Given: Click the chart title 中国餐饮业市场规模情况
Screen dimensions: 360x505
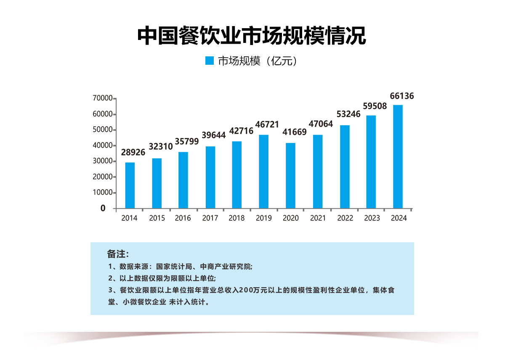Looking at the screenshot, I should point(252,36).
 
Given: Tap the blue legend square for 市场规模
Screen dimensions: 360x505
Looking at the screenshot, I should point(209,61).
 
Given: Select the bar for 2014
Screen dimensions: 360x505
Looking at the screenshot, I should point(130,185).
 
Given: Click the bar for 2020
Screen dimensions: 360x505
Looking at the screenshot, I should point(290,175).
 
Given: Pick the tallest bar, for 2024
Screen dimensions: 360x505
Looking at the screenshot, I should point(398,156).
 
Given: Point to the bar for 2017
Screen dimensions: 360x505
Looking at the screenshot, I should point(210,177).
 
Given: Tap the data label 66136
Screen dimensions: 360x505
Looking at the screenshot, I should point(402,96).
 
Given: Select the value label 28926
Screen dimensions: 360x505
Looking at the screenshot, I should point(133,152).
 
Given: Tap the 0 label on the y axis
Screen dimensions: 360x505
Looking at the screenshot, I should point(103,208).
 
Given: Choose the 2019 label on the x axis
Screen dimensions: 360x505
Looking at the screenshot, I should point(264,218).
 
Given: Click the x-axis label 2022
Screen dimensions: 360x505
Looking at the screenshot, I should point(345,218).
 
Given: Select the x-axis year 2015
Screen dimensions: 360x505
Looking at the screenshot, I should point(157,218).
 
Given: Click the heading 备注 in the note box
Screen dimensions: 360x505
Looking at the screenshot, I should point(117,254).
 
